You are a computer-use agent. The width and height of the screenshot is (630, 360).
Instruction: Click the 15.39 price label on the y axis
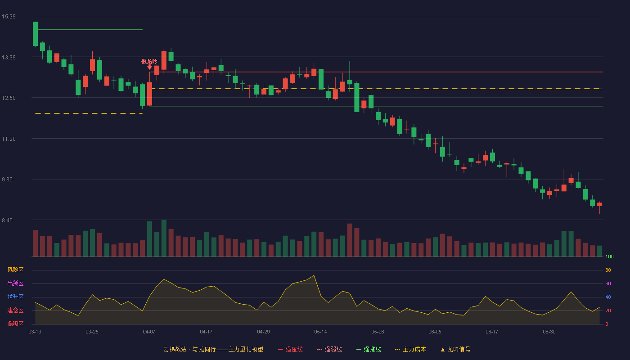click(x=9, y=17)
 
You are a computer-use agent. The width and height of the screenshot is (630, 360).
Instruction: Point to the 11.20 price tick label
click(x=9, y=139)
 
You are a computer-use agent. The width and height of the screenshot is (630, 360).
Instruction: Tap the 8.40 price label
click(x=7, y=220)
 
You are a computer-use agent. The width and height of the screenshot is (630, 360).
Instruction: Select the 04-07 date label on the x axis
click(x=149, y=332)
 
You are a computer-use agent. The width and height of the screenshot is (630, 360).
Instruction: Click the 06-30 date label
click(x=549, y=332)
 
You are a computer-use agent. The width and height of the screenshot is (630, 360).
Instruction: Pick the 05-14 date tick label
click(x=320, y=332)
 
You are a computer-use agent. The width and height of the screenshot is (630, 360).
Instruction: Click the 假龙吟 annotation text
click(x=149, y=61)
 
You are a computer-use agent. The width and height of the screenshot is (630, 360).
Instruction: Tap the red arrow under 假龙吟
click(x=149, y=67)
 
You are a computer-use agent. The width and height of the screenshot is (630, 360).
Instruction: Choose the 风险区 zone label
click(x=15, y=270)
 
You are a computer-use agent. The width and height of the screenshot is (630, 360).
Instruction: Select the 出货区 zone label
click(x=15, y=283)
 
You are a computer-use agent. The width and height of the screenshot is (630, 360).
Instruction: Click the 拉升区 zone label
click(x=15, y=297)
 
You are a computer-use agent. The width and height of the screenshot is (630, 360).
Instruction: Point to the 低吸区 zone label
click(x=15, y=324)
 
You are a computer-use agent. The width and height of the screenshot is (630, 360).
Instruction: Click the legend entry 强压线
click(x=291, y=349)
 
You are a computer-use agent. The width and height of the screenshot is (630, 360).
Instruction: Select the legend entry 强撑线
click(x=369, y=349)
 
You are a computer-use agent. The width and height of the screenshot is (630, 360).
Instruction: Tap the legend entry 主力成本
click(x=410, y=349)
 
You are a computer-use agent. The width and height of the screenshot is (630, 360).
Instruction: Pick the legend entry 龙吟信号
click(x=455, y=349)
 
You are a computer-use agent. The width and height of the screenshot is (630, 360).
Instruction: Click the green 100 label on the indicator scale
click(x=609, y=256)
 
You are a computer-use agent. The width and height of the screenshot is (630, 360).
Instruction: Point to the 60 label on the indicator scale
click(x=608, y=283)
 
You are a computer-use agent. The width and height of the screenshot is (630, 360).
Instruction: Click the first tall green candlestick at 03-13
click(x=35, y=34)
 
